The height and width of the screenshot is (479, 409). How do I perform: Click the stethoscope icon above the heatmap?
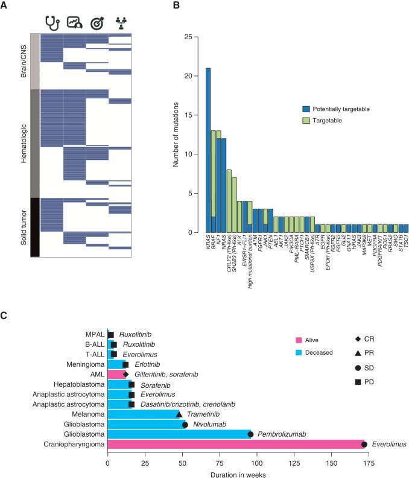[x=52, y=22]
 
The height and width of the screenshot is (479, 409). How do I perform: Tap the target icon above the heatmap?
[x=97, y=22]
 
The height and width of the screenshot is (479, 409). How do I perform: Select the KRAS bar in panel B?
[x=208, y=150]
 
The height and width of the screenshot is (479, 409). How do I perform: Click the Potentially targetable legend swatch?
[x=306, y=109]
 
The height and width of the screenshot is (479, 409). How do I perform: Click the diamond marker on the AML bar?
[x=125, y=374]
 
